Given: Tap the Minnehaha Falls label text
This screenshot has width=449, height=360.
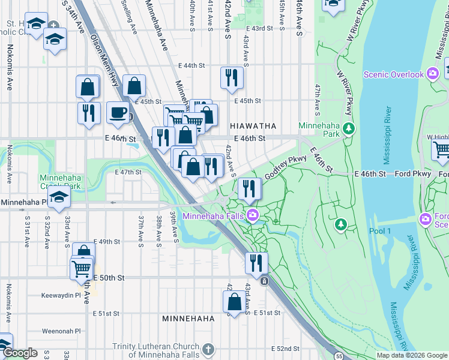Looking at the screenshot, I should (x=214, y=215).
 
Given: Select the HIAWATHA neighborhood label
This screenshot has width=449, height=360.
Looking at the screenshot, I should (x=253, y=126).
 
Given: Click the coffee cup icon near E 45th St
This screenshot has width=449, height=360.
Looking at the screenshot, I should (x=117, y=112).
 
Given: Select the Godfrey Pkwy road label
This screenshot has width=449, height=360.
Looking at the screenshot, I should (x=286, y=166).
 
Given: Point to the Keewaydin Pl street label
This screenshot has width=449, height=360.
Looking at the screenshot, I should (x=61, y=296).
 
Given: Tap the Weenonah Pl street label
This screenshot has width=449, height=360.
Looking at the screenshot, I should (x=61, y=331).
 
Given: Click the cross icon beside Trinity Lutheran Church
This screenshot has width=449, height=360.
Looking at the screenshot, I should (x=208, y=349).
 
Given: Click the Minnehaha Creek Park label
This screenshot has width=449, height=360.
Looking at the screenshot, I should (x=60, y=181).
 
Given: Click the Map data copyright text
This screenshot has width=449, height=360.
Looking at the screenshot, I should (x=412, y=355).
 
